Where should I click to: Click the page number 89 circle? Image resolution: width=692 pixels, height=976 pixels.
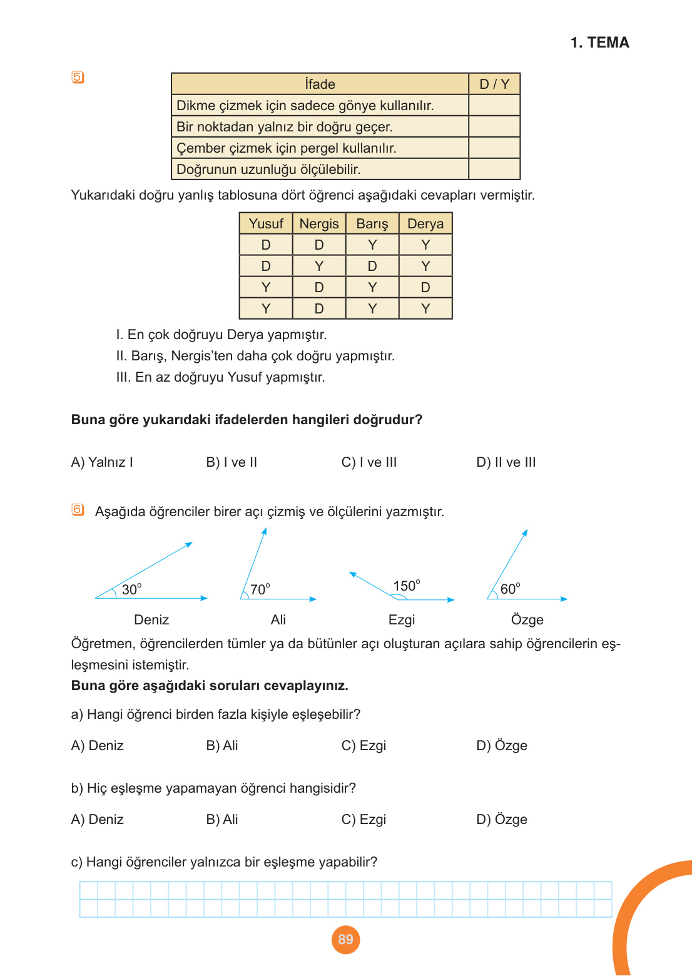click(345, 939)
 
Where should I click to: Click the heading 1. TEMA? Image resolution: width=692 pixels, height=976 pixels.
click(599, 43)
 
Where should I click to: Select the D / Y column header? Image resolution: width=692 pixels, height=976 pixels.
click(494, 84)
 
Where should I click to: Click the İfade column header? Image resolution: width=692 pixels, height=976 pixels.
click(320, 84)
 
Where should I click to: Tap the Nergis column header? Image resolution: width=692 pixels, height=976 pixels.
click(319, 224)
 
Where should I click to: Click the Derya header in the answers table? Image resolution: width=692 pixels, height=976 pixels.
click(425, 224)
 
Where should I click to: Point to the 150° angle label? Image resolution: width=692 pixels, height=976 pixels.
click(407, 586)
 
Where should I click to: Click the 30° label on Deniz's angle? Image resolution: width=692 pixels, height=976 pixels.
click(131, 589)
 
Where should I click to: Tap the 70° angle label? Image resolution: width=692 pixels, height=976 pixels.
click(260, 589)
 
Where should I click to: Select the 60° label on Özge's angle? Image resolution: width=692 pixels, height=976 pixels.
click(510, 589)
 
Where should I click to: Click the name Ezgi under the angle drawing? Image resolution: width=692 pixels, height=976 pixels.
click(402, 619)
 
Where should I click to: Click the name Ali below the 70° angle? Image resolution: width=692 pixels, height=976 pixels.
click(278, 619)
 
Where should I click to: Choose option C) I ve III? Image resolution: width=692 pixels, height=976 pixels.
click(369, 462)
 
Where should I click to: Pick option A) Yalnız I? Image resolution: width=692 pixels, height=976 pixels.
click(102, 462)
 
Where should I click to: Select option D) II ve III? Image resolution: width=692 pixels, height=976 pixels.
click(506, 462)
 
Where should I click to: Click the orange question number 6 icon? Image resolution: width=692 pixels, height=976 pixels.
click(78, 510)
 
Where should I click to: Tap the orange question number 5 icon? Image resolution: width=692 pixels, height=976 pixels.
click(78, 78)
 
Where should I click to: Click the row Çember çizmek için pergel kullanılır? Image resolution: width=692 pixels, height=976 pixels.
click(287, 148)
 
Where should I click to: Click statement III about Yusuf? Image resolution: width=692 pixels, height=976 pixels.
click(220, 377)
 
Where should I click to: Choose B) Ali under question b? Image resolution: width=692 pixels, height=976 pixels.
click(222, 820)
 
